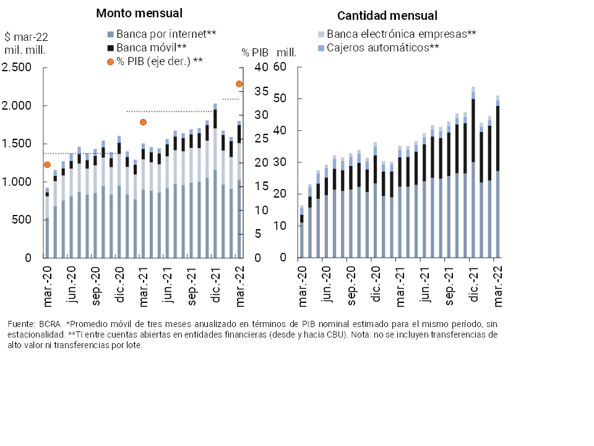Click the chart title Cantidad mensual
pos(387,15)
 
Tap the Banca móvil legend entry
pos(147,47)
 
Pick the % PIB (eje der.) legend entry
pos(159,61)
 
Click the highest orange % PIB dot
pos(239,84)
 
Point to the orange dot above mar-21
pos(143,122)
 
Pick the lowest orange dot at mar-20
pos(47,164)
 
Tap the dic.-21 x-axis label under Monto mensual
pos(216,286)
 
